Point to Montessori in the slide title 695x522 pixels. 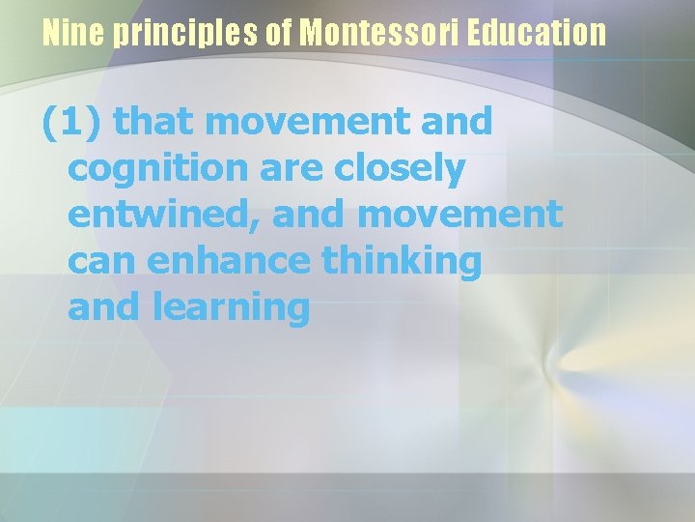click(x=380, y=35)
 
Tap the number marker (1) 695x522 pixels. click(x=75, y=123)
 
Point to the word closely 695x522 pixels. click(x=400, y=169)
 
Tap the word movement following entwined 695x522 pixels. click(x=459, y=215)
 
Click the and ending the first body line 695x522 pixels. click(x=453, y=123)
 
